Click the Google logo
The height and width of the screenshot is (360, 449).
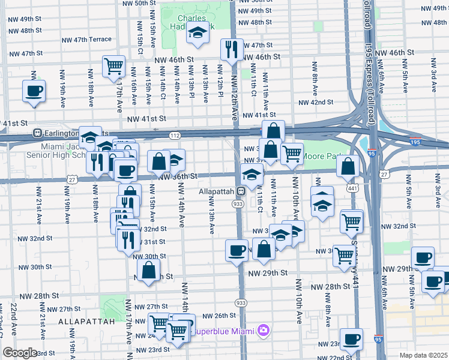[20, 353]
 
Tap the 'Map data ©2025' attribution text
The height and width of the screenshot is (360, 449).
[423, 355]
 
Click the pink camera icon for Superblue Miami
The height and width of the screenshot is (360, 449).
[263, 331]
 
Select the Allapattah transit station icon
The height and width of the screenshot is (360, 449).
[240, 191]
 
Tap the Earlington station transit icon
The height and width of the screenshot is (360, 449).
[37, 133]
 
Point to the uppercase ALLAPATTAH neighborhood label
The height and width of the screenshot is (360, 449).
[87, 322]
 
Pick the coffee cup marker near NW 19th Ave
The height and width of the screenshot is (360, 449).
[34, 91]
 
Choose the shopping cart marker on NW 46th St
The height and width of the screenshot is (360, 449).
[113, 66]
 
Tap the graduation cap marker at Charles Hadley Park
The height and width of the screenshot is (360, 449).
[196, 33]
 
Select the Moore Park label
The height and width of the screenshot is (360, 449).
[321, 156]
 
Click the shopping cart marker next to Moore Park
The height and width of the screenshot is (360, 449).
[292, 152]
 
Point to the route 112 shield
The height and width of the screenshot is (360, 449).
[175, 136]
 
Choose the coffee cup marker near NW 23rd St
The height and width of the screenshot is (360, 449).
[351, 338]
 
